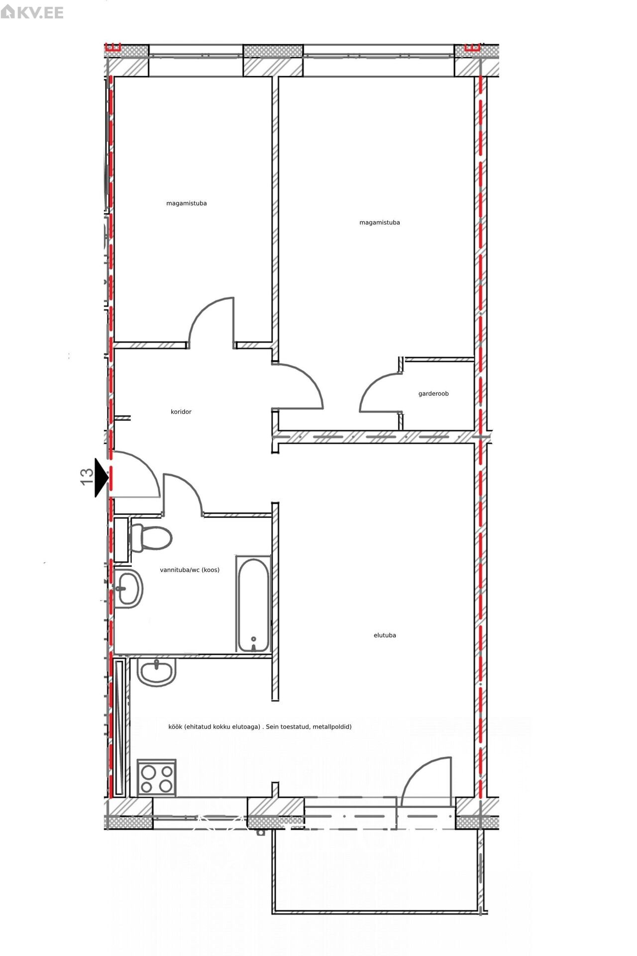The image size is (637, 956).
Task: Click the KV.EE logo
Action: (x=32, y=12)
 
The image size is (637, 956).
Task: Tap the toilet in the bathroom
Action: (x=150, y=538)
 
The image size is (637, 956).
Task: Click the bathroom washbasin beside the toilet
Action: (x=128, y=588)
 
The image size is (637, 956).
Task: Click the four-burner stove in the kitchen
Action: (x=157, y=779)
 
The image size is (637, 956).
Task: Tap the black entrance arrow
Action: (x=102, y=478)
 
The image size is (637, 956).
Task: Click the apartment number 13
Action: (x=87, y=477)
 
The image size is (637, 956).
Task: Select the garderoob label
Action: (x=433, y=393)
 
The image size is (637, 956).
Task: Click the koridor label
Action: (x=181, y=412)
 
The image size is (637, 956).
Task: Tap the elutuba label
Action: (x=385, y=635)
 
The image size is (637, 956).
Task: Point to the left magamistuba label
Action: (x=187, y=203)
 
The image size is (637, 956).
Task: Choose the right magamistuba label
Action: (x=380, y=223)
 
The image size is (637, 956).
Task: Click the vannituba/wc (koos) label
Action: (x=190, y=570)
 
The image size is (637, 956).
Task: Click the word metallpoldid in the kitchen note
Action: (x=332, y=726)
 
